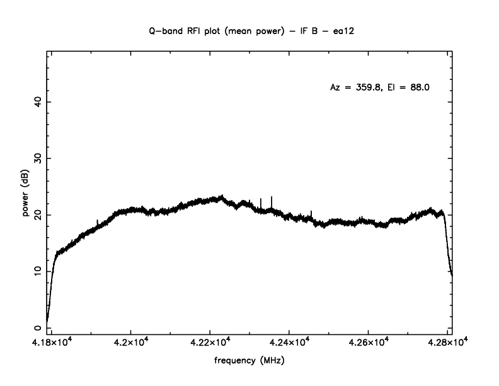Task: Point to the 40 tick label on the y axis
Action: (x=38, y=102)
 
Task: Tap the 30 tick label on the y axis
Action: (x=38, y=158)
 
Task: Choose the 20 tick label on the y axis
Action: (x=38, y=215)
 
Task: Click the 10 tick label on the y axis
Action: (x=38, y=271)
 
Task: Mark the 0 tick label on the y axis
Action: (x=38, y=328)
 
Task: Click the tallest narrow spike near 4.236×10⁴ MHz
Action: (x=272, y=199)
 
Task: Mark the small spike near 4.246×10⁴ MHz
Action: (x=311, y=213)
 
